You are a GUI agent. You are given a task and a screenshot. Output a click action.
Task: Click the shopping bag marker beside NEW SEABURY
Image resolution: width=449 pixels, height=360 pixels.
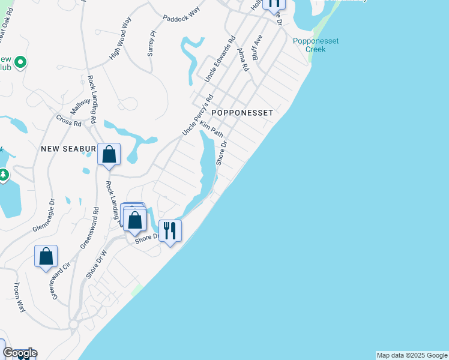tap(109, 155)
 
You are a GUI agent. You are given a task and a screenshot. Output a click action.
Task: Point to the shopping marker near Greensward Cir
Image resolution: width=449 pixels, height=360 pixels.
tap(46, 257)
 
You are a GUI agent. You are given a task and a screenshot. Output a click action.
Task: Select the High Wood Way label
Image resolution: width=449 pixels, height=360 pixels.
tap(120, 45)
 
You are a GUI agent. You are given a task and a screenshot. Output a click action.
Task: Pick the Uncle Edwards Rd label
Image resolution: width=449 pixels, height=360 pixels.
tap(219, 59)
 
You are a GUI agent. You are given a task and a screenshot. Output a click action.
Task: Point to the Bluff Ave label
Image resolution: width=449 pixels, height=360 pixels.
tap(258, 46)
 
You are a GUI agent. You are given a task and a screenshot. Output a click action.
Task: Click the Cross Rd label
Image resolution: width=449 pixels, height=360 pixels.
tap(68, 122)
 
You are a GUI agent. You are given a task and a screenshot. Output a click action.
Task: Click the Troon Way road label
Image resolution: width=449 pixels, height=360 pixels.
tap(20, 296)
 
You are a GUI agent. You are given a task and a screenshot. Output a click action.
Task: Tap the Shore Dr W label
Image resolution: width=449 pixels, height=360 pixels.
tap(96, 265)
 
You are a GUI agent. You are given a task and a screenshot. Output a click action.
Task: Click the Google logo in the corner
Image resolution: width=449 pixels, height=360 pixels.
tap(20, 353)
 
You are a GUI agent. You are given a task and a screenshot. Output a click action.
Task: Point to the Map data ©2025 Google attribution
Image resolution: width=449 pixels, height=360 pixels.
tap(412, 355)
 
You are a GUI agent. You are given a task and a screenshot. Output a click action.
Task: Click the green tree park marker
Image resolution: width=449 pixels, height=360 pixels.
tap(4, 175)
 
